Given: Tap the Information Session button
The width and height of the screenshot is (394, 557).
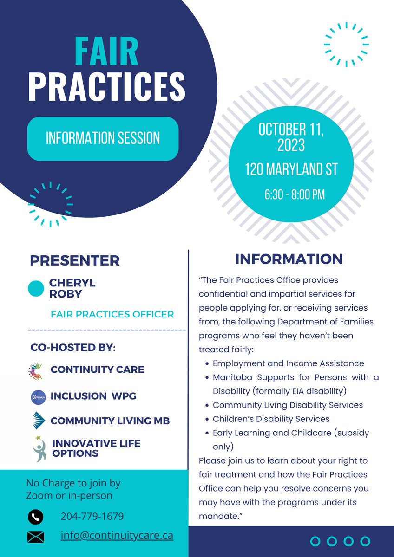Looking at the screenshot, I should coord(103,138).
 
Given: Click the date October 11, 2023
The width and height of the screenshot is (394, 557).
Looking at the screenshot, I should coord(291,137).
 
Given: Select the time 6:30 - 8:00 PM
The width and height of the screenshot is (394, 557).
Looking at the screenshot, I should coord(294,194).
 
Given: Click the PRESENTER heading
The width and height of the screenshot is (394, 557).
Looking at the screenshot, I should coord(74,260).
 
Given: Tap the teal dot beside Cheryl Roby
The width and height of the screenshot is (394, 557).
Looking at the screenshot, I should coord(36,289).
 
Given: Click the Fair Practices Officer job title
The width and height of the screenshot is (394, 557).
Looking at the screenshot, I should coord(112,314).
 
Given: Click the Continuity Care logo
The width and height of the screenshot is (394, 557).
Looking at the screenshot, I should coord(35,370).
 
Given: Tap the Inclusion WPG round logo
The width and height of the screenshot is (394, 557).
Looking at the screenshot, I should coord(36,397).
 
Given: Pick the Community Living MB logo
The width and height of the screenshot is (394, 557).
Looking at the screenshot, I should coord(37,420).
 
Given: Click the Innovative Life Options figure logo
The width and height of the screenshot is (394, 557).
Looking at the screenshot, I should coord(39,448).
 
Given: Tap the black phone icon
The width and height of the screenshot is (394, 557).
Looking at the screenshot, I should coord(36,517).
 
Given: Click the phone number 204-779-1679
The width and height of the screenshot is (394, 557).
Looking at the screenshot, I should coord(92,517).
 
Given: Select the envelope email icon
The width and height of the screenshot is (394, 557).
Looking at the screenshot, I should coord(36,537).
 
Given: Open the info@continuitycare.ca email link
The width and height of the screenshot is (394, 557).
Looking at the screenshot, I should coord(117,535).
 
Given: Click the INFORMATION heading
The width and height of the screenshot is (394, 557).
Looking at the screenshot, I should coord(289,259).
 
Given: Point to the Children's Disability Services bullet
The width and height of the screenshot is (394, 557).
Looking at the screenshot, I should coord(271,419).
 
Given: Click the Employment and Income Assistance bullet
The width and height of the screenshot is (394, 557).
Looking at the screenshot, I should coord(288,363).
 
